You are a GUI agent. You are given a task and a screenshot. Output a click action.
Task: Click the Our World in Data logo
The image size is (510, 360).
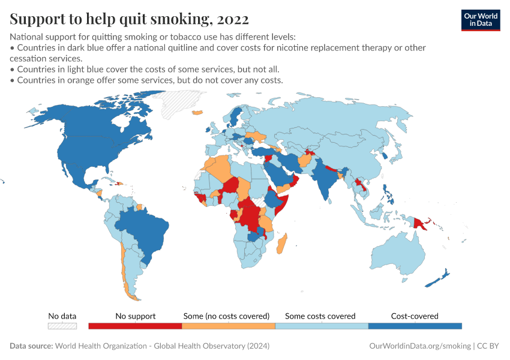480,19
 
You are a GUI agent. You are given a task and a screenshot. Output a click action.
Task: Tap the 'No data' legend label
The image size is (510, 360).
62,316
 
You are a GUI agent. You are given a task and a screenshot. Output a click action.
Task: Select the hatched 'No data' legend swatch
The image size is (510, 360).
62,326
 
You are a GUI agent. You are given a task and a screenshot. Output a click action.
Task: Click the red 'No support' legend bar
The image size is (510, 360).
135,326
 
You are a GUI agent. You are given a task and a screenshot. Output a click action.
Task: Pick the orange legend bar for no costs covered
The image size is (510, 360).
229,326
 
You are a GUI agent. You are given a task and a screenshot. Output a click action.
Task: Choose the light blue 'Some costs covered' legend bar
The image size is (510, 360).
322,326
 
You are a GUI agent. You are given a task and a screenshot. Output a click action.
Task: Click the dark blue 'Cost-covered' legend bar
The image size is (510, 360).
415,326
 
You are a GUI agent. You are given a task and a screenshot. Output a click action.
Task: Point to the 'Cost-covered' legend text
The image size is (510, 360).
415,316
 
